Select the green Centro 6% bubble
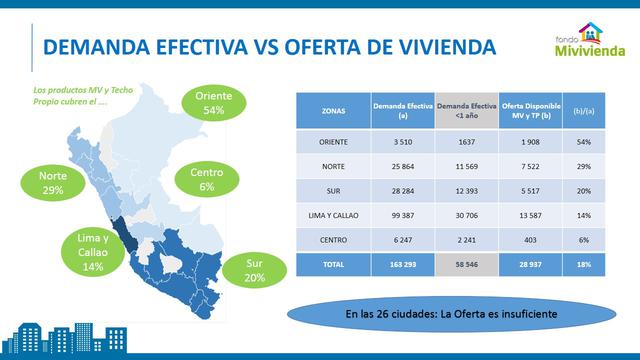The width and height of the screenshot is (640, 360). tap(207, 179)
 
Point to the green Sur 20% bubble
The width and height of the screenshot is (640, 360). tap(254, 270)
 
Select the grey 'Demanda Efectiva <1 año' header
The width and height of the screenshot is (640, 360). tap(465, 111)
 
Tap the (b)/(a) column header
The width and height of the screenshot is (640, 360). tap(582, 111)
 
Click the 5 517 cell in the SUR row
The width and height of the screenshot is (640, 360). tap(531, 189)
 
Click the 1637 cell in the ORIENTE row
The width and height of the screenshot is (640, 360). tap(465, 142)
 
